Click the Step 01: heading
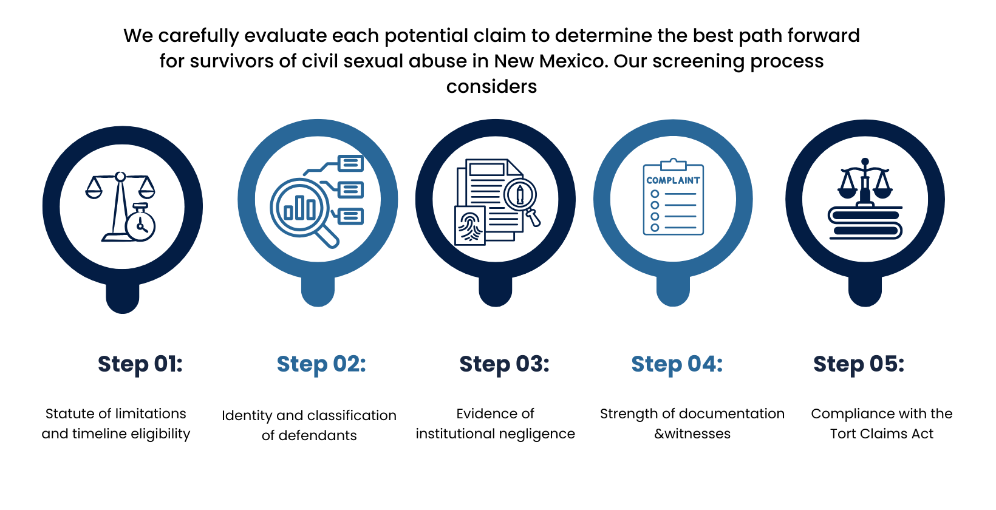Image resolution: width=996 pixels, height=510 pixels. coord(140,364)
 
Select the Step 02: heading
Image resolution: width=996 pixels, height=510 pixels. coord(321,364)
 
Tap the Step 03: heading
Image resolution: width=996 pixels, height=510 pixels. coord(504,364)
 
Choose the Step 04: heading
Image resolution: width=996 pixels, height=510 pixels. coord(677,364)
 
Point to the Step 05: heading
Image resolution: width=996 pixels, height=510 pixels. coord(859,364)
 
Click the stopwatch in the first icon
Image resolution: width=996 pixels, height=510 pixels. coord(141,224)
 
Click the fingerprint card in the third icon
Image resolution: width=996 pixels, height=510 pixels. coord(470,226)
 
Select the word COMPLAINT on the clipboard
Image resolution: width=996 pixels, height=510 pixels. coord(673,180)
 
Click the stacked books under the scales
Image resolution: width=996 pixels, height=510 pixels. coord(865,223)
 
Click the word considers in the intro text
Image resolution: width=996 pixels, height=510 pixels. coord(491,87)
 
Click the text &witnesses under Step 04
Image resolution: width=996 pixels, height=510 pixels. coord(692,433)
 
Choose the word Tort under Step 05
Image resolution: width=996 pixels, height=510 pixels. coord(844,433)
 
